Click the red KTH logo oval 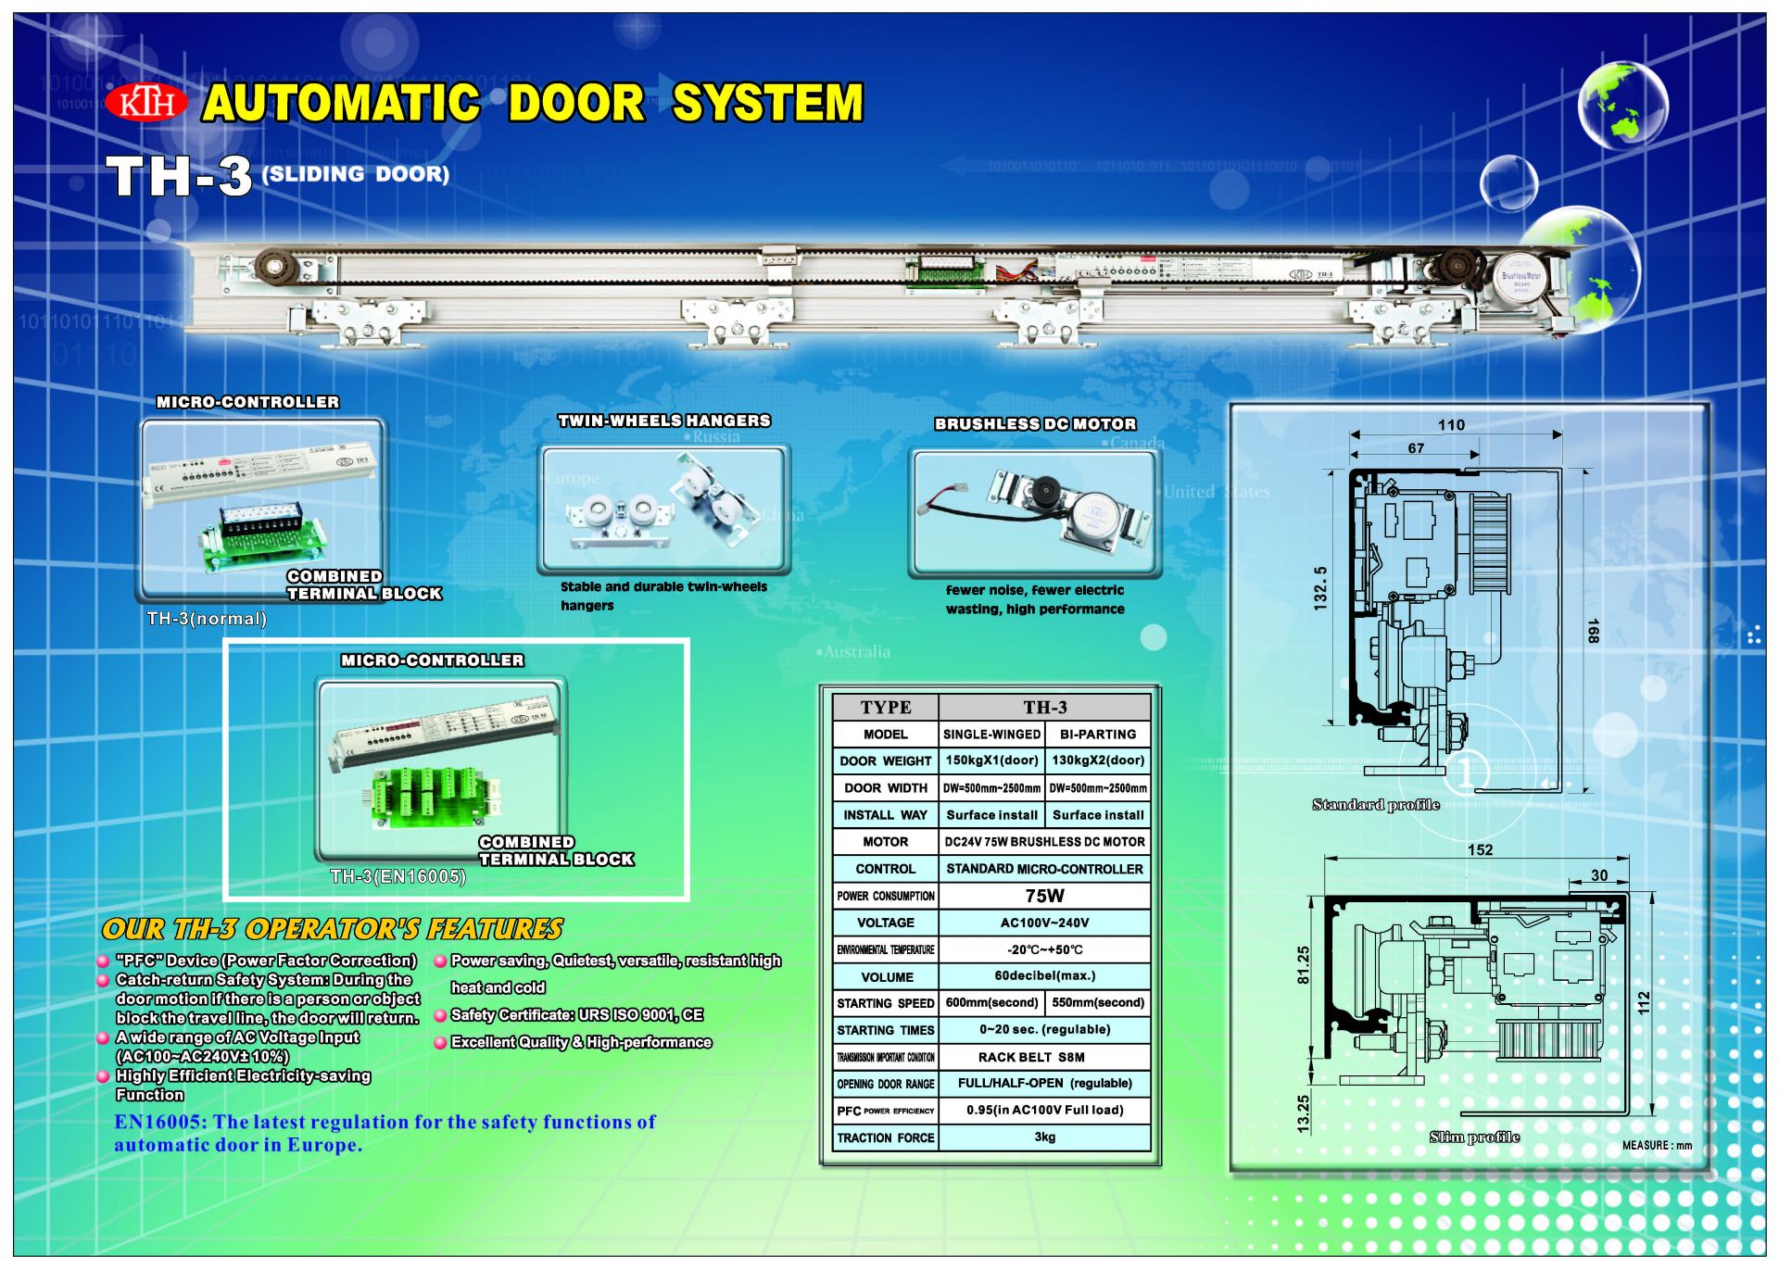tap(146, 102)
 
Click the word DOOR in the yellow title tap(575, 102)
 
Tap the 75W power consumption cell tap(1044, 896)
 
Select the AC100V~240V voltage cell tap(1044, 923)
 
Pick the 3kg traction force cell tap(1044, 1137)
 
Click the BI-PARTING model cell tap(1098, 734)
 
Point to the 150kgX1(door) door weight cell tap(991, 760)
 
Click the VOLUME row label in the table tap(887, 977)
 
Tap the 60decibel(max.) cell tap(1044, 976)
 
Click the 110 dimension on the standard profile tap(1451, 425)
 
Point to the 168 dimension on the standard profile tap(1593, 631)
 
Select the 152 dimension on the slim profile tap(1480, 850)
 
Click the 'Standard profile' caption tap(1375, 805)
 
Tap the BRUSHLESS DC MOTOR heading tap(1035, 424)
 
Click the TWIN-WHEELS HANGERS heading tap(663, 421)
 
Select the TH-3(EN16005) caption tap(397, 876)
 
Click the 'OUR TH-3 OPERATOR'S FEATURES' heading tap(333, 929)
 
